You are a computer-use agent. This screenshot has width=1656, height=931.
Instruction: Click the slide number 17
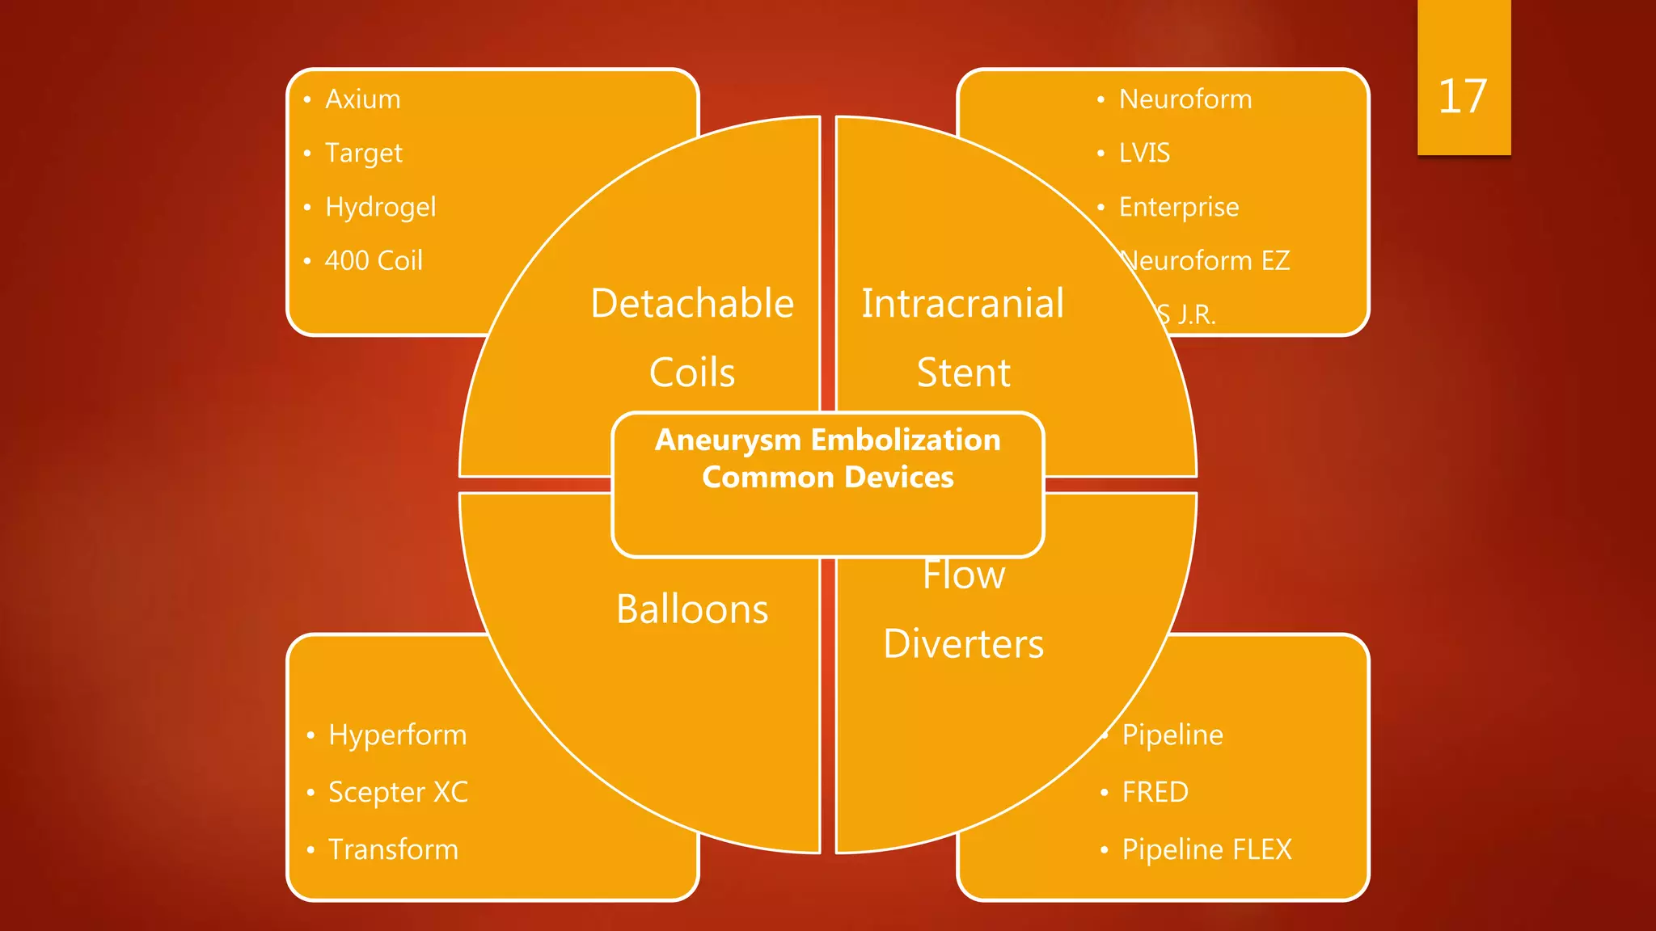pos(1462,97)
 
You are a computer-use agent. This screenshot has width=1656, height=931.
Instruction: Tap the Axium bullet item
pos(362,99)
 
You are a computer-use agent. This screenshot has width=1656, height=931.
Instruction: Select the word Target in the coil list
pos(363,154)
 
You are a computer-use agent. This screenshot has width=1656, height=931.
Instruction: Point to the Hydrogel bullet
pos(380,208)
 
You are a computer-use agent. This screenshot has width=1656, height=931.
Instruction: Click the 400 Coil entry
pos(374,261)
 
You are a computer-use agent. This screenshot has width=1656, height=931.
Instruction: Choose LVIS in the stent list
pos(1144,153)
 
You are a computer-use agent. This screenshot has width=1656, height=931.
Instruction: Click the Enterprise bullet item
pos(1178,208)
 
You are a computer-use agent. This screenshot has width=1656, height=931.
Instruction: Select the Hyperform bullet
pos(397,735)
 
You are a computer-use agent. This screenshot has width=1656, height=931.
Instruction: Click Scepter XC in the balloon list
pos(398,793)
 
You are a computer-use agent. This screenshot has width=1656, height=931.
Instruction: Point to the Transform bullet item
pos(393,850)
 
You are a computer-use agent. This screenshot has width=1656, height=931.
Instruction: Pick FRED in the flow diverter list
pos(1155,793)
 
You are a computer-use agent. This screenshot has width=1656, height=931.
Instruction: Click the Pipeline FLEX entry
pos(1206,850)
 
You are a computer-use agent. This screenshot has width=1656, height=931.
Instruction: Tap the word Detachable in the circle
pos(692,304)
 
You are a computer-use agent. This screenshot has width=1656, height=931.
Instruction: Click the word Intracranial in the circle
pos(962,304)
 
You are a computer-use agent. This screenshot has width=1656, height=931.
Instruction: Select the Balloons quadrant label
pos(692,609)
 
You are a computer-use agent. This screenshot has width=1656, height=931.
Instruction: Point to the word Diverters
pos(963,644)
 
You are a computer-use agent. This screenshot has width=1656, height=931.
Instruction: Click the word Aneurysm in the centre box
pos(727,440)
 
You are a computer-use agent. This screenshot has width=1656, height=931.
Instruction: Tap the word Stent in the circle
pos(963,373)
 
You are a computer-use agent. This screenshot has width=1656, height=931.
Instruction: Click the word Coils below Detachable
pos(692,373)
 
